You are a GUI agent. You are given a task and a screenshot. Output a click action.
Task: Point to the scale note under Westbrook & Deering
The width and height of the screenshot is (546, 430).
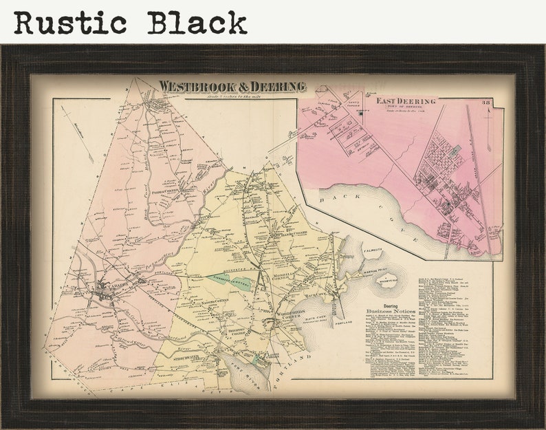[x=232, y=96]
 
